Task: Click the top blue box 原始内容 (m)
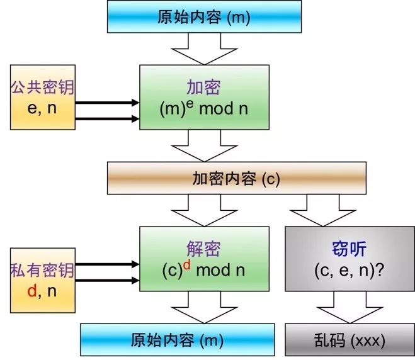204,16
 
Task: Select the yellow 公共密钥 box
43,98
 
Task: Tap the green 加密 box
204,98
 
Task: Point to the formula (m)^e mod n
204,108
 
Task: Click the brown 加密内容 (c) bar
237,178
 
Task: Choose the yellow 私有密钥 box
43,280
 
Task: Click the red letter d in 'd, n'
32,291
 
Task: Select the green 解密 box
204,259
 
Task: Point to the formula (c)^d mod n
203,269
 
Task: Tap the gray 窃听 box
350,259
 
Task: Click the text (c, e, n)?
350,271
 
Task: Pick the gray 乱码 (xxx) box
350,340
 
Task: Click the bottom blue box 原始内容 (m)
178,340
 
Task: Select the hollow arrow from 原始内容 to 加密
204,49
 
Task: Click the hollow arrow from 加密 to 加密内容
204,146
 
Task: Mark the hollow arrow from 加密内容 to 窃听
323,211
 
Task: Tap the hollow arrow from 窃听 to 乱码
350,307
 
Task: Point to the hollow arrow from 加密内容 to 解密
204,211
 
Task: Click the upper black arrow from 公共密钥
107,103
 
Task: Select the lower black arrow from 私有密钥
107,280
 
